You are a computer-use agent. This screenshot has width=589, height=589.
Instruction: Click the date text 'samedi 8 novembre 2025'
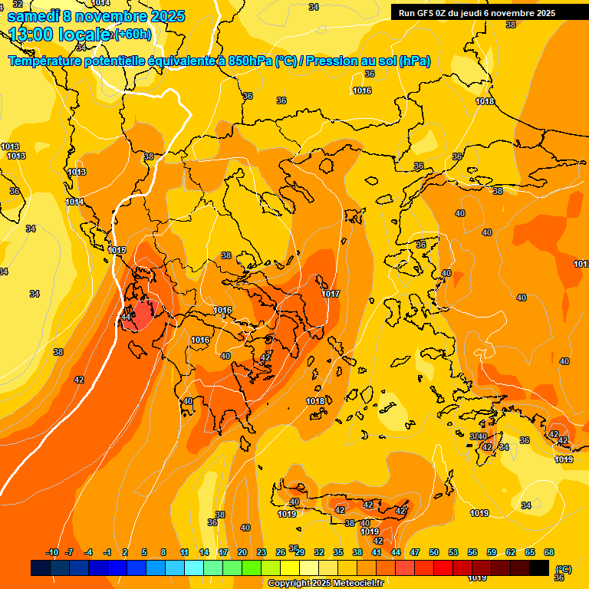[x=96, y=16]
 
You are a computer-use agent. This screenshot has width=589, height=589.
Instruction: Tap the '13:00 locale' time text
[x=58, y=35]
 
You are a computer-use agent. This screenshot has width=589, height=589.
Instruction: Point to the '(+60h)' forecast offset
[x=133, y=35]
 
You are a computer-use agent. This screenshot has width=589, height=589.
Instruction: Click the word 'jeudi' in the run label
[x=478, y=13]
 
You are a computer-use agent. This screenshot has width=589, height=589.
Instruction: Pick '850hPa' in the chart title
[x=249, y=61]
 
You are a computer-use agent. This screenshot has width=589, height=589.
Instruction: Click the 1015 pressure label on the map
[x=117, y=251]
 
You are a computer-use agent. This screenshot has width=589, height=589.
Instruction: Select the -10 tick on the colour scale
[x=52, y=552]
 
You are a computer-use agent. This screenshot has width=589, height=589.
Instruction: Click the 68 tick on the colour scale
[x=549, y=552]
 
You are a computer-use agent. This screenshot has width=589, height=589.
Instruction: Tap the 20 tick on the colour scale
[x=242, y=552]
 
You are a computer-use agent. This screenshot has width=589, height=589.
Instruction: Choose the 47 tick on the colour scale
[x=415, y=552]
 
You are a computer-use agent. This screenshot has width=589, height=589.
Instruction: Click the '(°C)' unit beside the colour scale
[x=563, y=568]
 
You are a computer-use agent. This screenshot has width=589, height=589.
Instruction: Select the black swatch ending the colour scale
[x=539, y=568]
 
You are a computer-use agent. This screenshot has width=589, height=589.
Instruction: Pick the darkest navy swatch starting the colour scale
[x=41, y=568]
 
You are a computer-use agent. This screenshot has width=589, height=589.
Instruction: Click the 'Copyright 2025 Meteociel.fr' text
[x=326, y=583]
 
